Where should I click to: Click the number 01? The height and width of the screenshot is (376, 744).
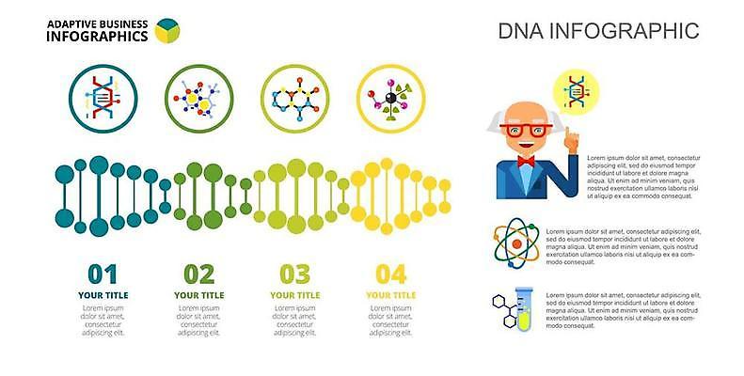tap(103, 274)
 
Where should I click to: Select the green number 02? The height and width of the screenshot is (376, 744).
tap(198, 274)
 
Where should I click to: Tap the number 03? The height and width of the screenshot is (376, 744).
tap(294, 274)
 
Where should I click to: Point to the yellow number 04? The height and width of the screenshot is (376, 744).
tap(390, 274)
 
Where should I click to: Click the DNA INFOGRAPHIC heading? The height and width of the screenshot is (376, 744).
tap(598, 31)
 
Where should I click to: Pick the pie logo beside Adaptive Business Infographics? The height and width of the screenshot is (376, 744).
tap(167, 30)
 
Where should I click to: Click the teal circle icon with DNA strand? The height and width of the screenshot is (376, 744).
tap(103, 99)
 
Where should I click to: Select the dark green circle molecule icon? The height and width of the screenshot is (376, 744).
tap(198, 99)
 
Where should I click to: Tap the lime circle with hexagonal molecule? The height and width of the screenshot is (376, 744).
tap(294, 99)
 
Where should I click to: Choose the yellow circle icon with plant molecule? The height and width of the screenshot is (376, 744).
tap(390, 99)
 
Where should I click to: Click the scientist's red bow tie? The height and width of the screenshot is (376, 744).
tap(525, 161)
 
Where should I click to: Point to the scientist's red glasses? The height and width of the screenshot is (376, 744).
tap(526, 130)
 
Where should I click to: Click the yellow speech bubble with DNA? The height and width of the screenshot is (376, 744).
tap(576, 93)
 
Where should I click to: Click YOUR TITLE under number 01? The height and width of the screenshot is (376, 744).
tap(103, 295)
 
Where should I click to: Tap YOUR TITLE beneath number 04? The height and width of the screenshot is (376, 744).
tap(390, 295)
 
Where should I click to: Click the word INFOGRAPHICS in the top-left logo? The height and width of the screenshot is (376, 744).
tap(97, 37)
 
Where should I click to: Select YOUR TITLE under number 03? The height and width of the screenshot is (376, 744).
tap(294, 295)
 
